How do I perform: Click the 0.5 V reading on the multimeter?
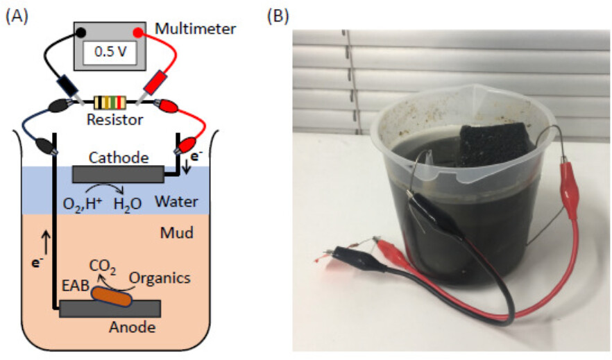[x=108, y=51]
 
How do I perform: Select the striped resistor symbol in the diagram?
[x=111, y=103]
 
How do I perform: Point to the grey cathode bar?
[x=118, y=173]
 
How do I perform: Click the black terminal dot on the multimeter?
[x=81, y=32]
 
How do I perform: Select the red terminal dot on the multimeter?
[x=138, y=32]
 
